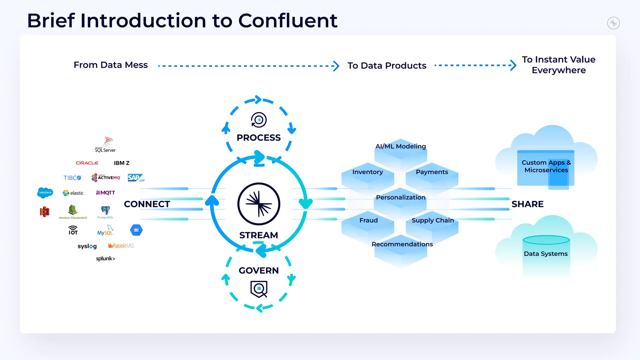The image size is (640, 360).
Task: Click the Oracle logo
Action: point(87,163)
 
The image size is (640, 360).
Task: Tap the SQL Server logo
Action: point(106,144)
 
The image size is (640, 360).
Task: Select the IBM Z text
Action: point(122,163)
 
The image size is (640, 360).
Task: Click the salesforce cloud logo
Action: point(45,192)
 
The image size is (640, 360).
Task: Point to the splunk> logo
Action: point(106,258)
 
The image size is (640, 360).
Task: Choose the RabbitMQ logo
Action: point(121,246)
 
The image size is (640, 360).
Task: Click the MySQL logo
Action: point(105,231)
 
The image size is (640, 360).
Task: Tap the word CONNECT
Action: point(147,204)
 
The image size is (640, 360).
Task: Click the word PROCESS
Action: point(258,137)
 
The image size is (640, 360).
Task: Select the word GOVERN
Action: point(258,270)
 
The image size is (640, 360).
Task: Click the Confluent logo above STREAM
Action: point(258,204)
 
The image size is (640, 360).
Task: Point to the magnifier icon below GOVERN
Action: point(259,289)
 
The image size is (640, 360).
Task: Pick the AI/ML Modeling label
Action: point(400,146)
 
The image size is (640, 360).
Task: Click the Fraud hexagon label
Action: point(368,220)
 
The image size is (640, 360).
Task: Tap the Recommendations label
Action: point(402,244)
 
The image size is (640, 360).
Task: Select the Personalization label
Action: point(400,197)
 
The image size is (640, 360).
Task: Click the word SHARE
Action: point(527,204)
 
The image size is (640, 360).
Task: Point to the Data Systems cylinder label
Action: point(546,253)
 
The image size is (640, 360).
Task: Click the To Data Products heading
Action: point(387,66)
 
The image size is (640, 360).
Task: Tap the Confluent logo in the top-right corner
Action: point(613,23)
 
